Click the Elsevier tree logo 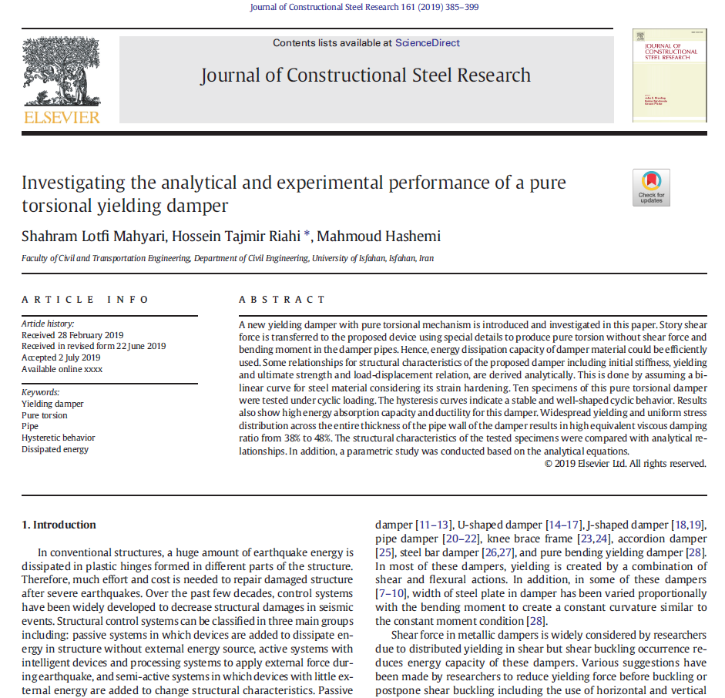62,70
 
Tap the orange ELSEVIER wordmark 62,117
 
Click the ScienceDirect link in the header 428,43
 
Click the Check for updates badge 651,187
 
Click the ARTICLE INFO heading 86,300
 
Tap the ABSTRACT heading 282,300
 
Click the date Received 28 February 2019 72,335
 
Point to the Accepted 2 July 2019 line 61,357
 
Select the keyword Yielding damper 52,404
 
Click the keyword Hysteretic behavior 59,438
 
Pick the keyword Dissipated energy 55,449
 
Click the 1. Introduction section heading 59,525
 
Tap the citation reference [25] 384,552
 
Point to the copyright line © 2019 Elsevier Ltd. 625,464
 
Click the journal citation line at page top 364,8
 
